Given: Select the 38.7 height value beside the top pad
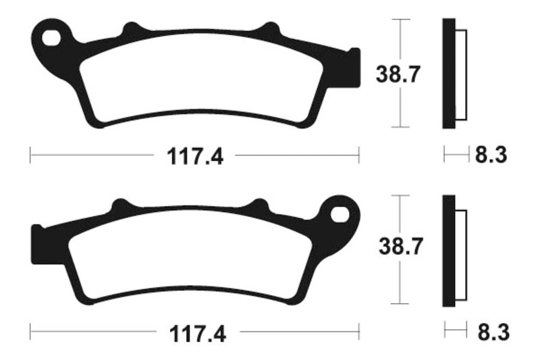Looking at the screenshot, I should (399, 74).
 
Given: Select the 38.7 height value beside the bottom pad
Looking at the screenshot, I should (400, 248).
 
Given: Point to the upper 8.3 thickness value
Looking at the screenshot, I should (491, 156).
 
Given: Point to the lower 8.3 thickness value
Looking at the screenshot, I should (491, 332).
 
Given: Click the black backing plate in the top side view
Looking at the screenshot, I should (448, 73).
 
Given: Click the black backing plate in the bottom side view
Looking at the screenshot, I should (448, 250).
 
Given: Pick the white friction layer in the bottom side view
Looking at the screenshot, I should (462, 250).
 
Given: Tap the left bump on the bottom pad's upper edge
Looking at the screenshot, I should (122, 205).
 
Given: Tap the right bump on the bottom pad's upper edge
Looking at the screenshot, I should (259, 205).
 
